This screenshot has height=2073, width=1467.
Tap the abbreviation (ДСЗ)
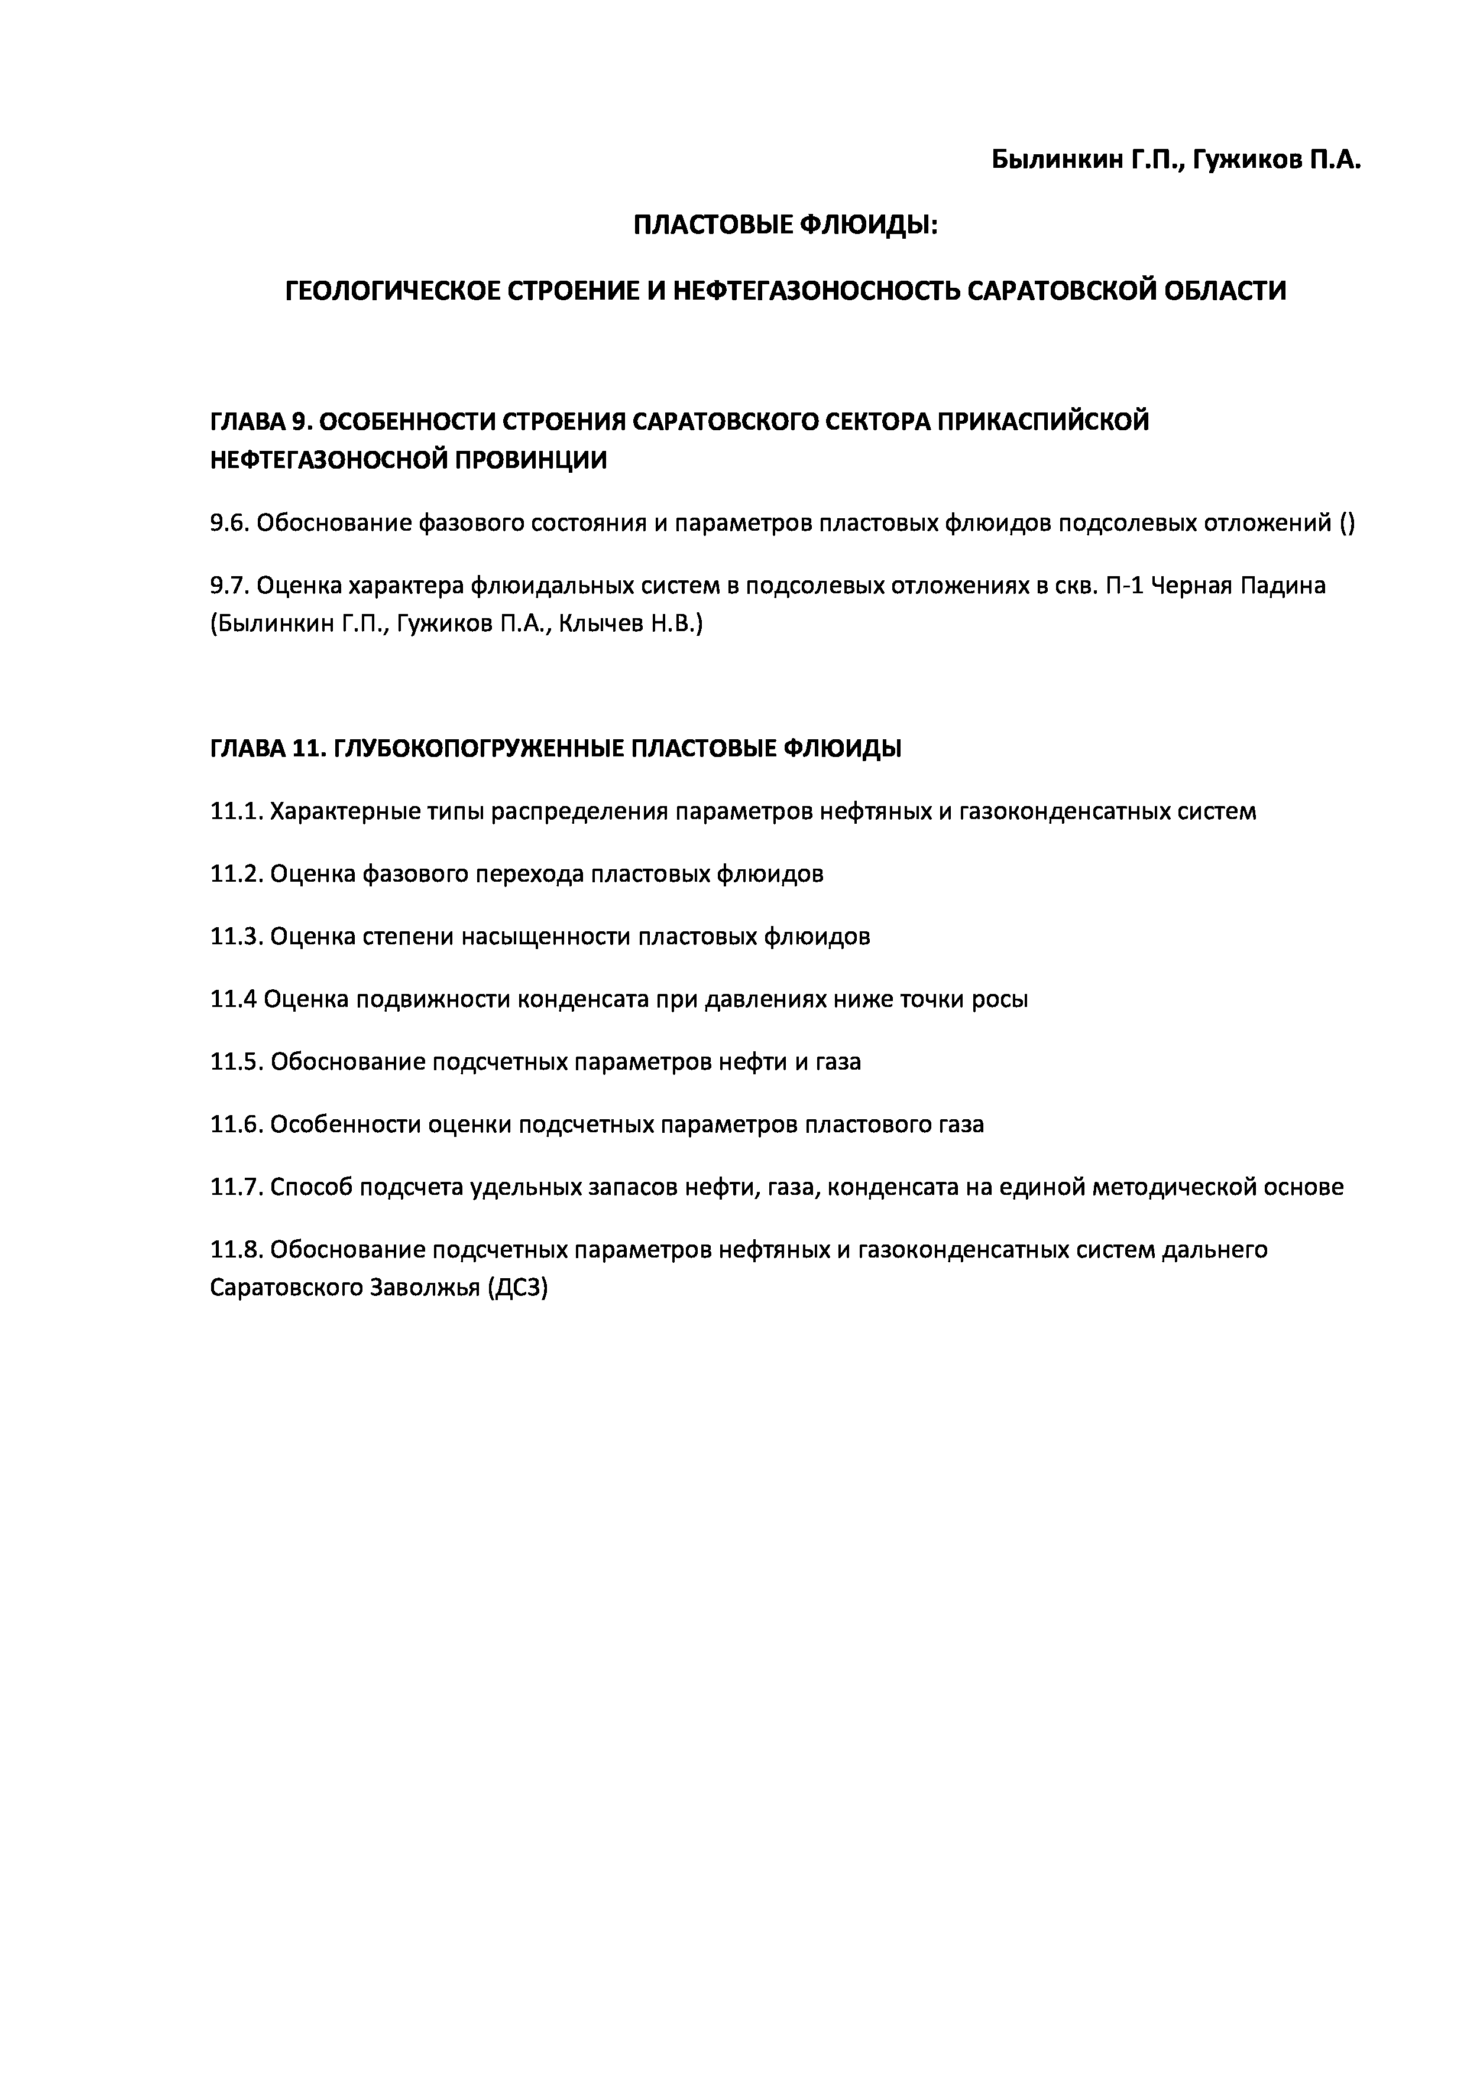[x=517, y=1288]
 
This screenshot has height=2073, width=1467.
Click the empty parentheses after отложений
[x=1347, y=523]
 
